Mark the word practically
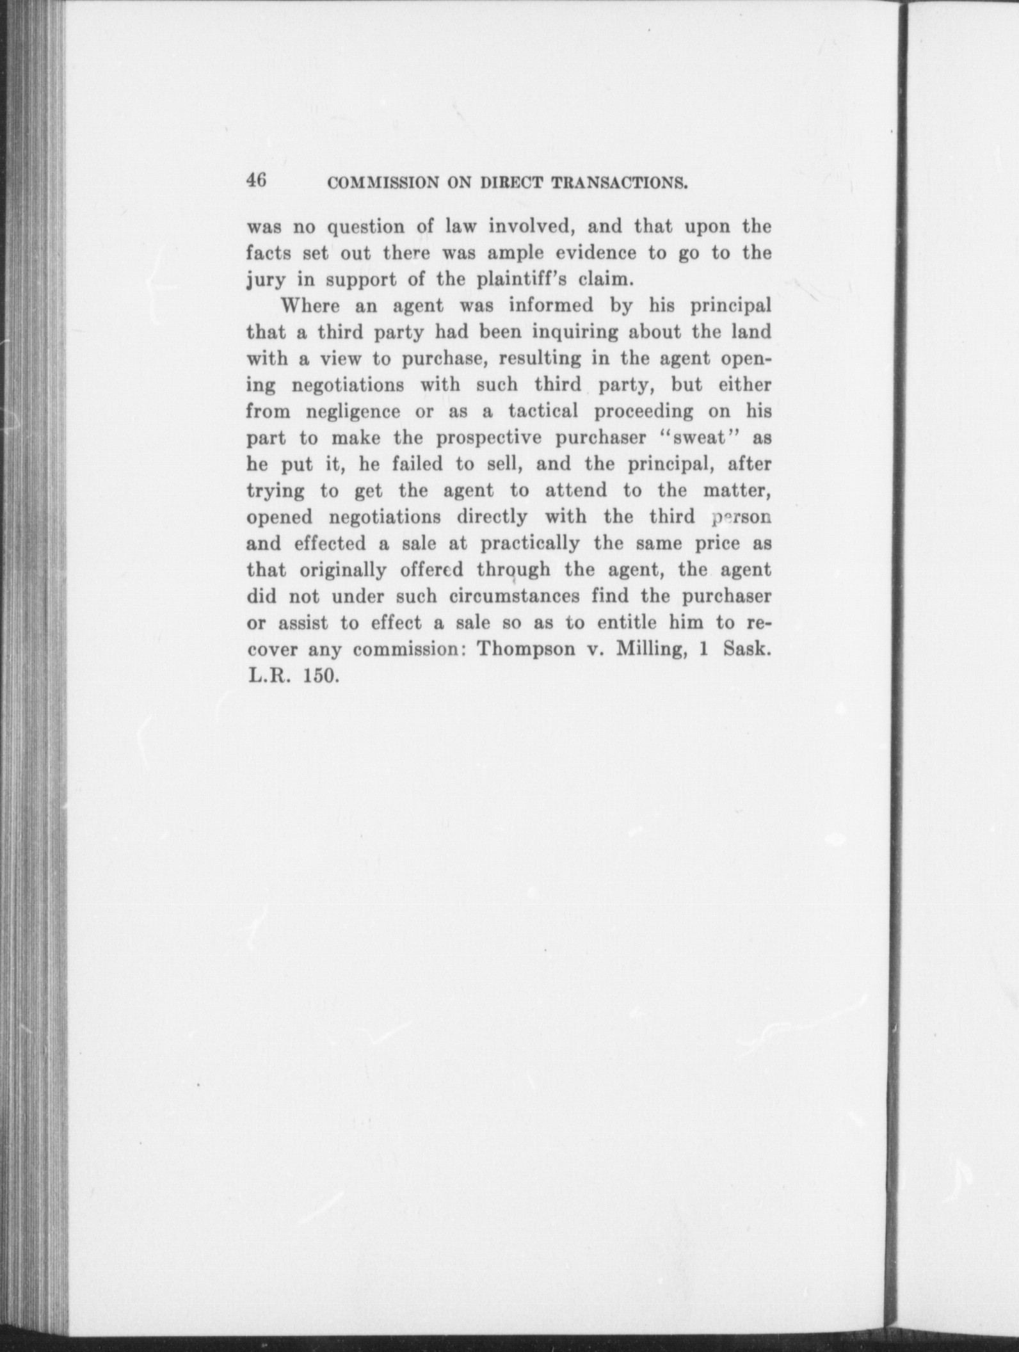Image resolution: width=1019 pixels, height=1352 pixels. [x=530, y=543]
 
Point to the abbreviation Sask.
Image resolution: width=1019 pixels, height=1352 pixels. [x=747, y=649]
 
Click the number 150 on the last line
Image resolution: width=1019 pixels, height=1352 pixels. [x=321, y=676]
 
